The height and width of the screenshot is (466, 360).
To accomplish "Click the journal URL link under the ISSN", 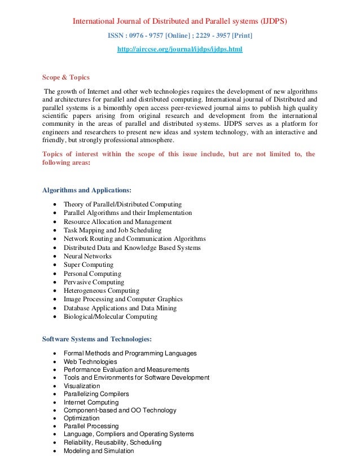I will pyautogui.click(x=179, y=50).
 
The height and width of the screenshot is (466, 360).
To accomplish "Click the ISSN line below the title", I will pyautogui.click(x=180, y=36).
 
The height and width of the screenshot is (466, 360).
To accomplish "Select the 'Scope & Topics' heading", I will pyautogui.click(x=66, y=77).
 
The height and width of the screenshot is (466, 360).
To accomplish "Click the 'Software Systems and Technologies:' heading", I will pyautogui.click(x=97, y=339).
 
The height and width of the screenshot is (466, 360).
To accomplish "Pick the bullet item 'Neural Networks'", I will pyautogui.click(x=87, y=256).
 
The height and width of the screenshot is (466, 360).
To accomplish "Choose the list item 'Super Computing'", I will pyautogui.click(x=88, y=265).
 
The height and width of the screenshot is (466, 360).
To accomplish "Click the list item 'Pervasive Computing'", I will pyautogui.click(x=94, y=282).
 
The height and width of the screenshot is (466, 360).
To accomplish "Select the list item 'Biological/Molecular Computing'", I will pyautogui.click(x=111, y=317).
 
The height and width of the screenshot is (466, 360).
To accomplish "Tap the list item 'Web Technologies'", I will pyautogui.click(x=90, y=362).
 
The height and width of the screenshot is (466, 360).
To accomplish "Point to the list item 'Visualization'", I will pyautogui.click(x=82, y=386).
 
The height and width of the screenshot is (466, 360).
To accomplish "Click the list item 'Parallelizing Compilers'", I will pyautogui.click(x=96, y=394).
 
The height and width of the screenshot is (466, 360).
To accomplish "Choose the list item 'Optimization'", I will pyautogui.click(x=82, y=419).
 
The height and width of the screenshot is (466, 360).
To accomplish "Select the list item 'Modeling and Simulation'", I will pyautogui.click(x=99, y=451).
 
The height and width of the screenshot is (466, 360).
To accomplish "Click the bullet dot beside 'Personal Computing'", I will pyautogui.click(x=54, y=274).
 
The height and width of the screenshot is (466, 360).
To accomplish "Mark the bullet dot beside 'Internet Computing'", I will pyautogui.click(x=54, y=403).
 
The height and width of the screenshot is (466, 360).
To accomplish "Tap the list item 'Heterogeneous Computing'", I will pyautogui.click(x=101, y=291).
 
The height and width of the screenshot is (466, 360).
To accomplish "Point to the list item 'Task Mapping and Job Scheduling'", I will pyautogui.click(x=112, y=230).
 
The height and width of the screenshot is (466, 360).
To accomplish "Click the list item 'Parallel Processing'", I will pyautogui.click(x=91, y=427).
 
